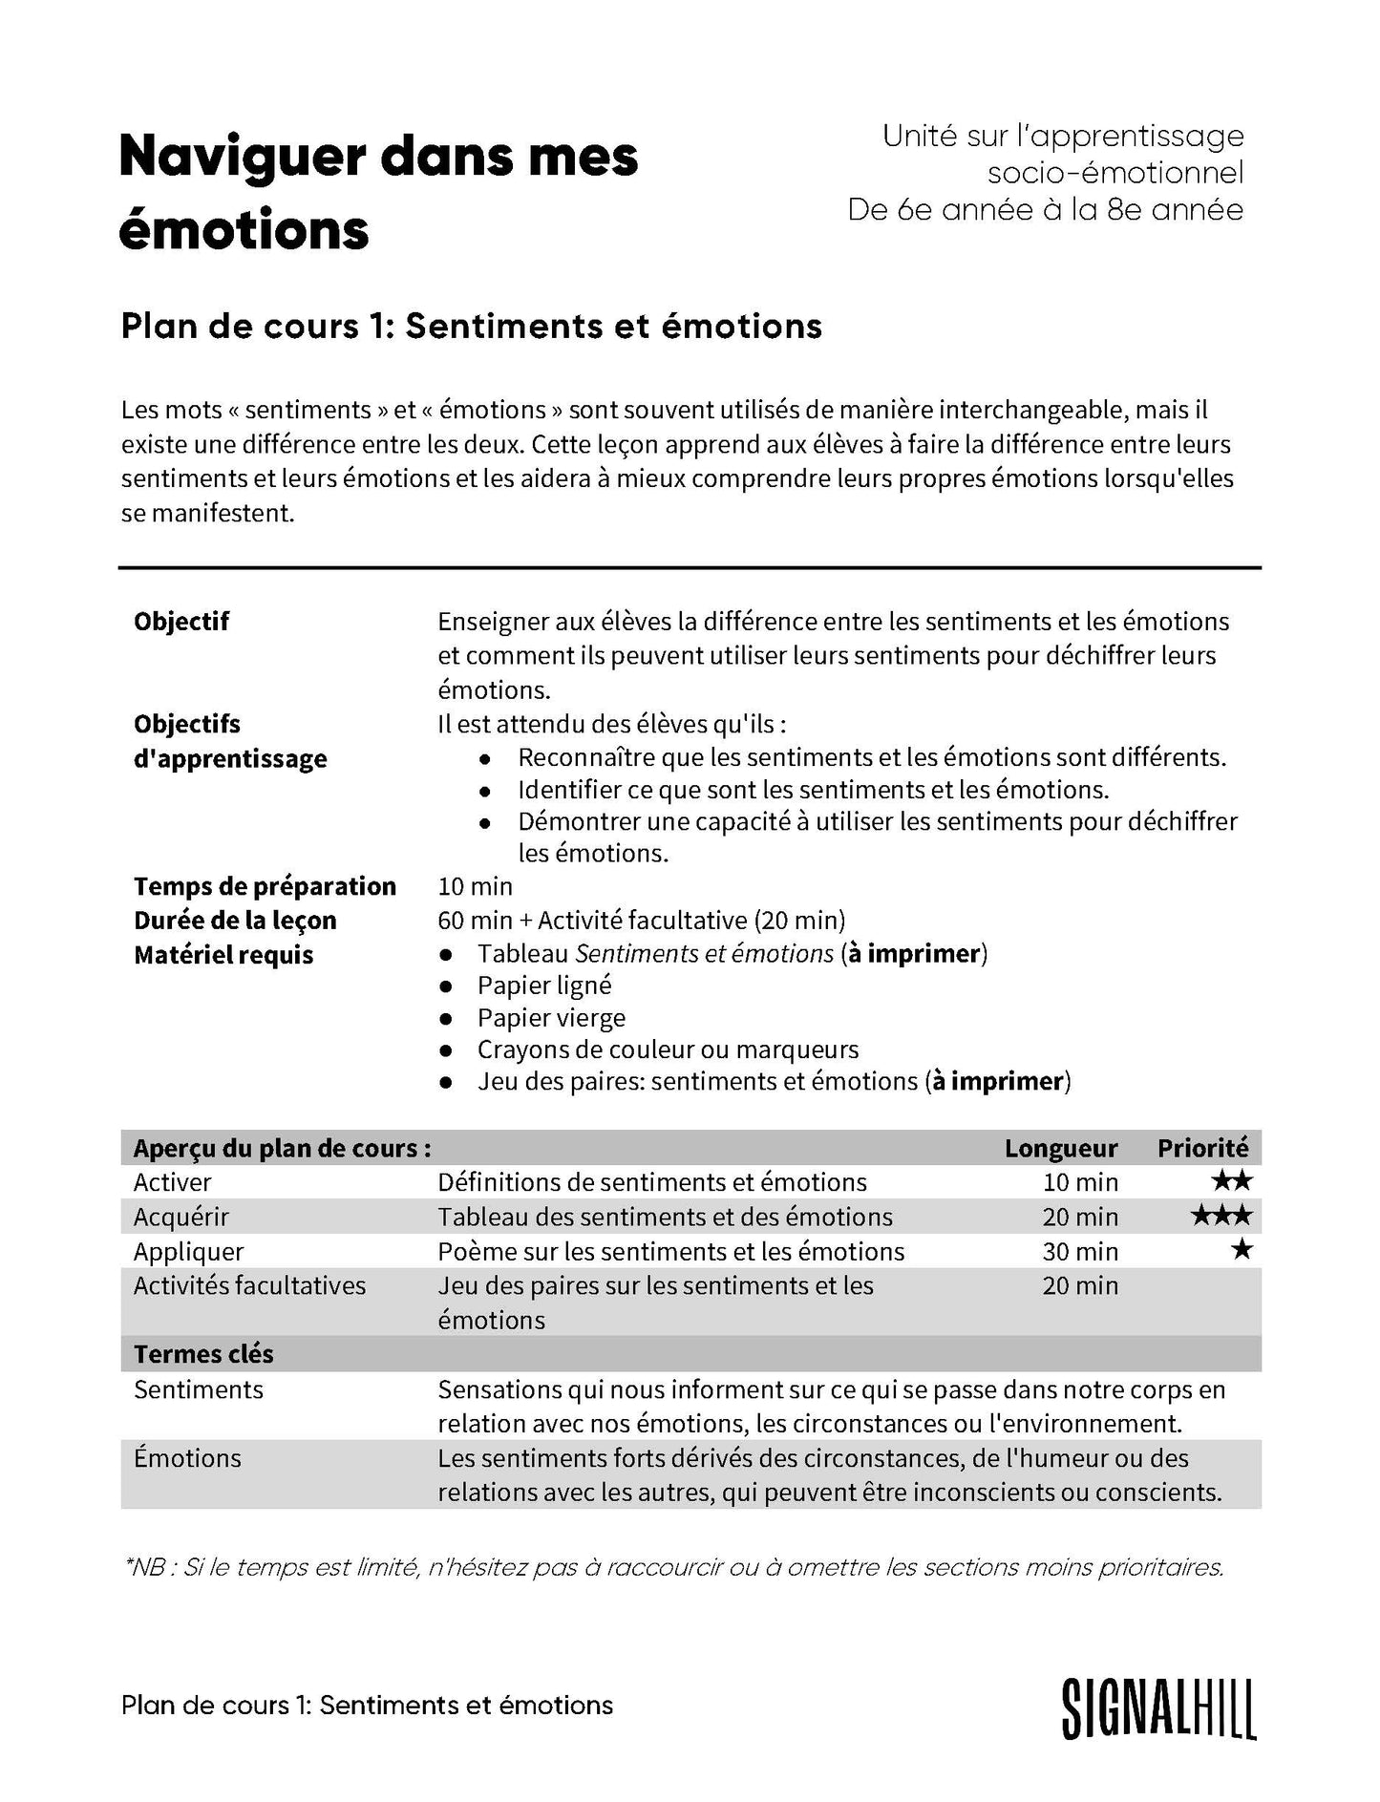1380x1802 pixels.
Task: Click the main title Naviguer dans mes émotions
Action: coord(378,192)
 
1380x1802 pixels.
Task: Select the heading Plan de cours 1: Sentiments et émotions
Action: coord(471,327)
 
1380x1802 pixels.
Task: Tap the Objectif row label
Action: coord(181,622)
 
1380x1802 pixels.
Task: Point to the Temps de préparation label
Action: coord(265,886)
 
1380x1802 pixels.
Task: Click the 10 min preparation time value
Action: coord(475,886)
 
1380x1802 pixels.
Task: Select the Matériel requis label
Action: coord(223,955)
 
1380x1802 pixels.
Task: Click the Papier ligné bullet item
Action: coord(544,986)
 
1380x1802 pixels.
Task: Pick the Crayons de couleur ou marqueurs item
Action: coord(668,1049)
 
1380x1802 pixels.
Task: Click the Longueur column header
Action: coord(1060,1148)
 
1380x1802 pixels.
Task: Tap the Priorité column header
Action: coord(1202,1148)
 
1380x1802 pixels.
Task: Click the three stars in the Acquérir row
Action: coord(1221,1216)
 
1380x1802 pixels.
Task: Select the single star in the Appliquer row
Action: coord(1241,1249)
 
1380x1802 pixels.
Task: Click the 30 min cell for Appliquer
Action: coord(1079,1251)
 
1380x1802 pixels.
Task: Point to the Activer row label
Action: coord(172,1182)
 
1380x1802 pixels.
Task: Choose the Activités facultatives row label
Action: coord(249,1285)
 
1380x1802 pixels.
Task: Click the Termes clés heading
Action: coord(203,1354)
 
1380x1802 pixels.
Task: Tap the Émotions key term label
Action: coord(187,1458)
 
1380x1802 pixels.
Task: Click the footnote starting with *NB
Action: coord(673,1567)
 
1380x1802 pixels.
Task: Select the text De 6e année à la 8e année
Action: coord(1045,210)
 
